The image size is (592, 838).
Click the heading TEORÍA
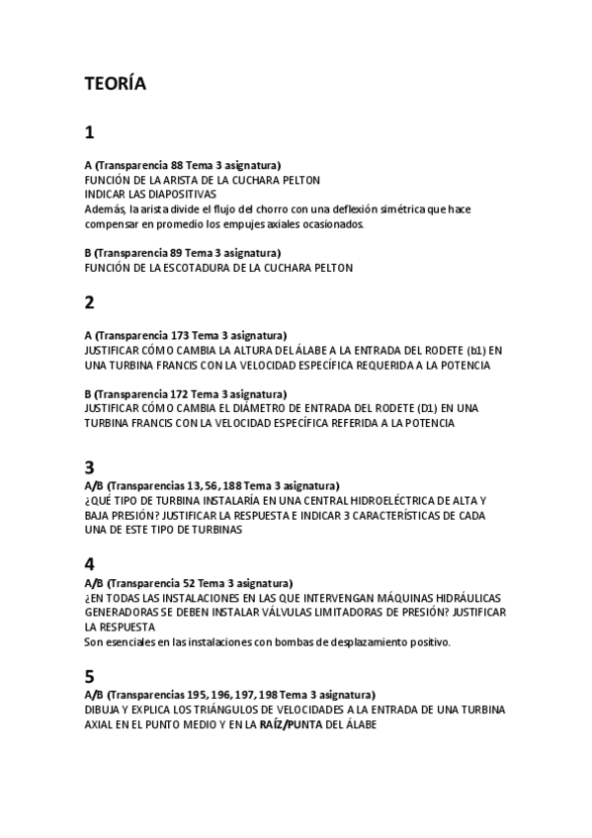[x=116, y=84]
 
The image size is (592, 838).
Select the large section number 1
[x=90, y=131]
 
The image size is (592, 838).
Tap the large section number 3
[x=90, y=466]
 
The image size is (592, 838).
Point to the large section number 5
[x=90, y=677]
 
